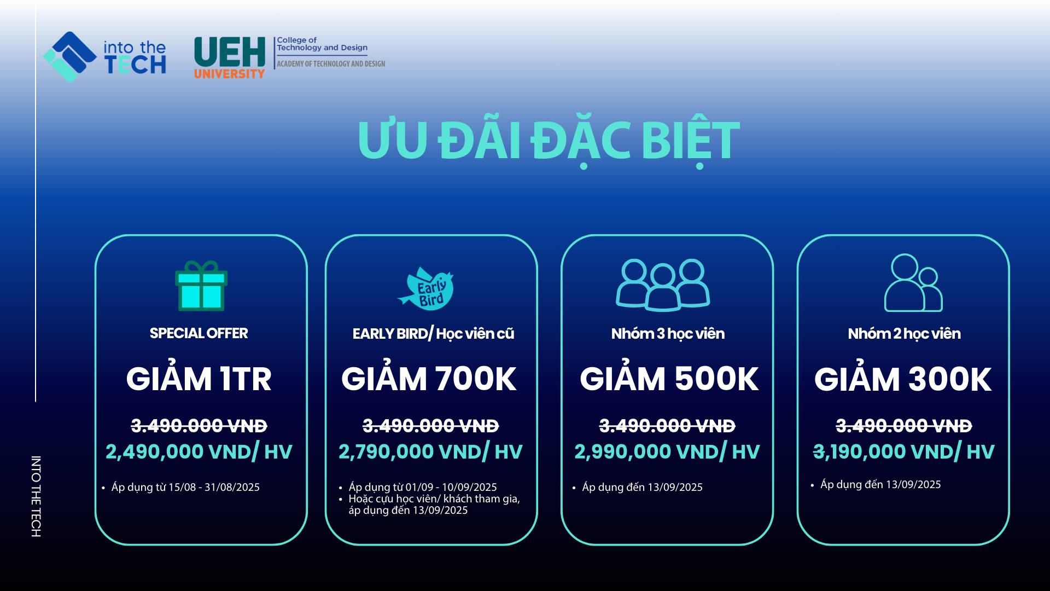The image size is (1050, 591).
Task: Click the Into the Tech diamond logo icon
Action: (70, 57)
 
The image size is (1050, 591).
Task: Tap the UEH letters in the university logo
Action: (230, 52)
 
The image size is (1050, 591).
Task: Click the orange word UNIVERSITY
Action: (229, 73)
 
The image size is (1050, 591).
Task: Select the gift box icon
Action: (201, 286)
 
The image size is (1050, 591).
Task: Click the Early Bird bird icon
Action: (426, 288)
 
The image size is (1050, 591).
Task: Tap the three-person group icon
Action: (663, 285)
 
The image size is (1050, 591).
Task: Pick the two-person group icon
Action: (913, 283)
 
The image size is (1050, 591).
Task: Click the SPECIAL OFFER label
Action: (199, 333)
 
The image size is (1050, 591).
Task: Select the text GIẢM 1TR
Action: (199, 379)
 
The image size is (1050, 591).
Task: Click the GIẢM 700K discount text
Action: (429, 379)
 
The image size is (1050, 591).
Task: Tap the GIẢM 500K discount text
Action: (669, 379)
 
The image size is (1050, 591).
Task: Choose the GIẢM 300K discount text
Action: (903, 379)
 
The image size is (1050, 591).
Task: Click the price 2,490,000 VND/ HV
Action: (199, 452)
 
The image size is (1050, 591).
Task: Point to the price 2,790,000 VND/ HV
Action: (430, 452)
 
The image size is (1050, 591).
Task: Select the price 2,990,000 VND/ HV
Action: (667, 452)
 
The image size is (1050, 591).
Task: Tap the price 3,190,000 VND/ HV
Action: (904, 452)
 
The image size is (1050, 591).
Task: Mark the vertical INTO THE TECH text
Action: (36, 496)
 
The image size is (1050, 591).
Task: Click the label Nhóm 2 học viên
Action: (904, 334)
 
